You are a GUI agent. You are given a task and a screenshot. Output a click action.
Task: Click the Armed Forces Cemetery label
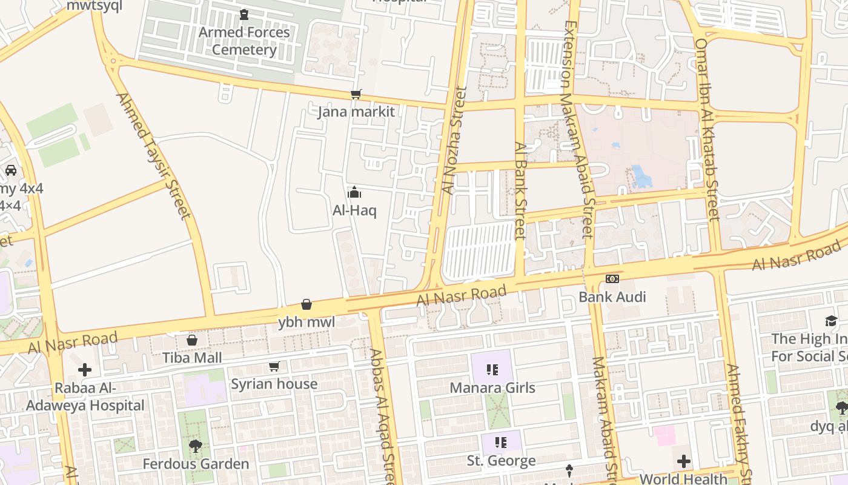(x=244, y=41)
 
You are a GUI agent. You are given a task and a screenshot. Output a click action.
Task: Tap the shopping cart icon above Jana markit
(x=356, y=95)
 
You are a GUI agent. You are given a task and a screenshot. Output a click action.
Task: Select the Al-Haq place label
(x=354, y=210)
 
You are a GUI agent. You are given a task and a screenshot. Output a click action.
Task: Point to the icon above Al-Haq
(x=354, y=193)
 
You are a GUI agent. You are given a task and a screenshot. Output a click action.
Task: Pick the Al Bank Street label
(x=520, y=190)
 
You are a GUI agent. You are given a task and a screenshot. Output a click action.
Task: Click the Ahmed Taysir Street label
(x=153, y=155)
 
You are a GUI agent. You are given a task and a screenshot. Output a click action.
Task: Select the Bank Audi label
(x=612, y=296)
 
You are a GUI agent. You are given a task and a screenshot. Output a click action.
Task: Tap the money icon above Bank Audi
(x=612, y=279)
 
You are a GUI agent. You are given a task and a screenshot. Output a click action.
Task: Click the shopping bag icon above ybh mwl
(x=306, y=304)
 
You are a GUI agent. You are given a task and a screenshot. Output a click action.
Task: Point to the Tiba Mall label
(x=192, y=358)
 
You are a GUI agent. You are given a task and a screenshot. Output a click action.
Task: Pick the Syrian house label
(x=274, y=384)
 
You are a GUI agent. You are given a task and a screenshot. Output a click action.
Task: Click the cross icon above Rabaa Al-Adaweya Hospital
(x=85, y=369)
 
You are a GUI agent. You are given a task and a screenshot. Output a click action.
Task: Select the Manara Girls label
(x=492, y=387)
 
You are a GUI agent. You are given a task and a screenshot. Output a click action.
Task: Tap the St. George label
(x=501, y=461)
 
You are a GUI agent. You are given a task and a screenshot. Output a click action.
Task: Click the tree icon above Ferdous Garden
(x=196, y=447)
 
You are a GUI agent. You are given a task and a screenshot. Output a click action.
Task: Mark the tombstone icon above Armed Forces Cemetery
(x=244, y=14)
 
